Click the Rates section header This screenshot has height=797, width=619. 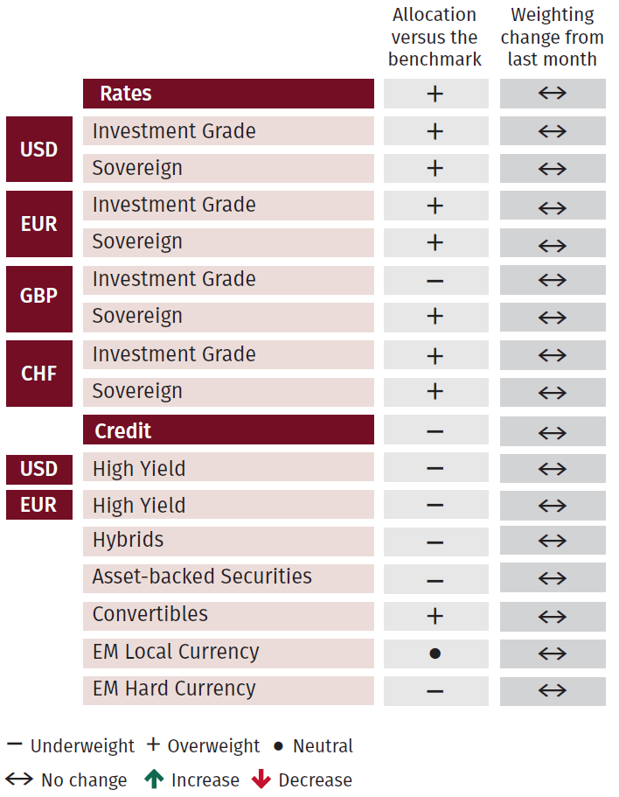(125, 94)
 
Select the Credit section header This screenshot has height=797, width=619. (123, 430)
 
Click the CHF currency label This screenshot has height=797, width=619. (38, 374)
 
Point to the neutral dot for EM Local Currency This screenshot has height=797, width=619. (435, 654)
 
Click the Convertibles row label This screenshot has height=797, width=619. (150, 614)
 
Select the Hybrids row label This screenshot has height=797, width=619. (128, 540)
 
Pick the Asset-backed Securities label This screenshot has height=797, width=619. (202, 577)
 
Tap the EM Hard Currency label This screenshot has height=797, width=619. (174, 689)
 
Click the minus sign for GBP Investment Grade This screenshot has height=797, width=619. (435, 282)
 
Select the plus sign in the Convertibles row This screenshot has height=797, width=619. (435, 616)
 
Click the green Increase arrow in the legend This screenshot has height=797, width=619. (155, 779)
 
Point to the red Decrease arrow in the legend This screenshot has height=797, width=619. (261, 779)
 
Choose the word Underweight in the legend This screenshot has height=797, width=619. (82, 746)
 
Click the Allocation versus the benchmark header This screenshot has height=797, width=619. (435, 37)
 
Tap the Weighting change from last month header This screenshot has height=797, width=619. (552, 37)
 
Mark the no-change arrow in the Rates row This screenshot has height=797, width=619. (553, 94)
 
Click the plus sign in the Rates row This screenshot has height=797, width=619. (435, 94)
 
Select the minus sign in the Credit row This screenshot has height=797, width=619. (435, 432)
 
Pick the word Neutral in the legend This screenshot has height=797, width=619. (323, 746)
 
